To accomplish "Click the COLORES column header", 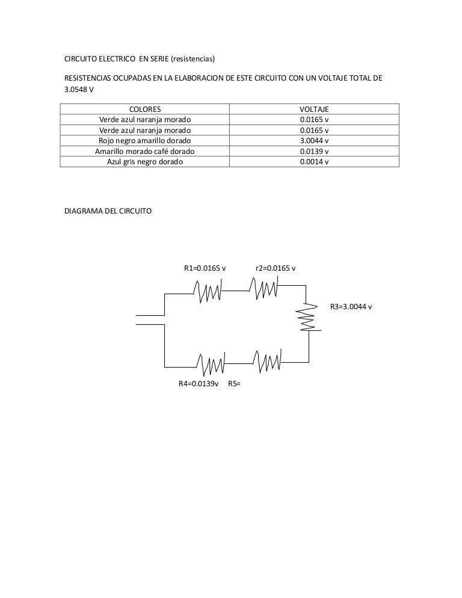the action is [x=145, y=109].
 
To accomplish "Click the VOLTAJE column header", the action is [x=314, y=109].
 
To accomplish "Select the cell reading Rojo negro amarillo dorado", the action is [x=145, y=141].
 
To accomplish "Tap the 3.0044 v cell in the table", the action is [x=314, y=141].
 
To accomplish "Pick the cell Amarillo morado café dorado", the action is [x=145, y=152].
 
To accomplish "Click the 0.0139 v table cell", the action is [x=314, y=152].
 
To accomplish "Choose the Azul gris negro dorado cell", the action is [x=145, y=162].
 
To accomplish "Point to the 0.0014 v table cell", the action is [x=314, y=162].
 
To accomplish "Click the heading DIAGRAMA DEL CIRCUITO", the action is [x=108, y=211].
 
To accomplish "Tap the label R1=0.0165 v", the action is [x=205, y=268].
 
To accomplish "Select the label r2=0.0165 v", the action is [x=276, y=268].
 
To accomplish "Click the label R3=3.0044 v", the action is [x=351, y=307].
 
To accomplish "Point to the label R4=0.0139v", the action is [x=199, y=384].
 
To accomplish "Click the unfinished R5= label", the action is [x=234, y=384].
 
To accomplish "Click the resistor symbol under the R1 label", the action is [x=208, y=291].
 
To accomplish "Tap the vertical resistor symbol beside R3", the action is [x=308, y=317].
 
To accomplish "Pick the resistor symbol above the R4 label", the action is [x=211, y=364].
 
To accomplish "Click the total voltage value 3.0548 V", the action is [x=79, y=90].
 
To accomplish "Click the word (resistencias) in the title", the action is [x=193, y=59].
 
